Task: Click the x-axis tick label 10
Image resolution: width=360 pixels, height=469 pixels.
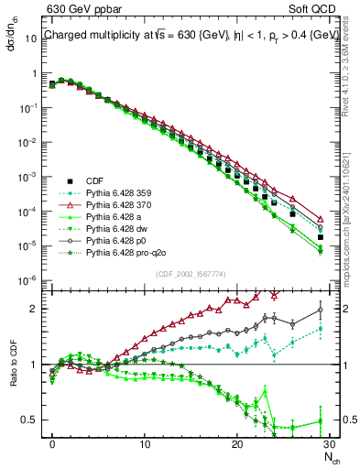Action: (x=144, y=443)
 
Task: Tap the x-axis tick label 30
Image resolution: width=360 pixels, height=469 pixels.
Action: (x=328, y=443)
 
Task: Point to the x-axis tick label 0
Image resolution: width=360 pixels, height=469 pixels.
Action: (x=52, y=443)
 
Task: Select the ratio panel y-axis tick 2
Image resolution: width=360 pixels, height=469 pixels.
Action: (x=38, y=309)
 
